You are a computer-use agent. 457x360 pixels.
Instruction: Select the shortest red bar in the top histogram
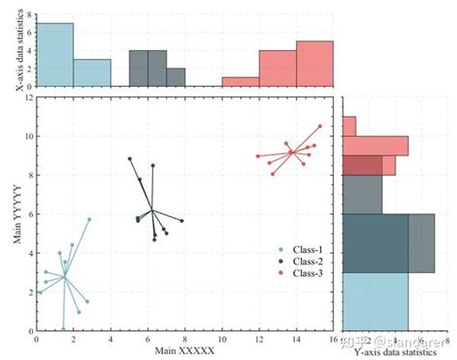click(241, 82)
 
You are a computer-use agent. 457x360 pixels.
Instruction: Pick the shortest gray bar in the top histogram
click(175, 77)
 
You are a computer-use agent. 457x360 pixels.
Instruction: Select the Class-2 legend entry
click(306, 262)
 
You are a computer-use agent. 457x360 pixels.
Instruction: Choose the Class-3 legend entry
click(306, 273)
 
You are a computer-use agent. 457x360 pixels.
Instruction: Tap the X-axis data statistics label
click(18, 53)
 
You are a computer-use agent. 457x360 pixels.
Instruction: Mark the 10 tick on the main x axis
click(223, 338)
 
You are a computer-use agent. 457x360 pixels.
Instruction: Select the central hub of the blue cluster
click(65, 277)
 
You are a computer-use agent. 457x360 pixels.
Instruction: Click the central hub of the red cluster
click(291, 152)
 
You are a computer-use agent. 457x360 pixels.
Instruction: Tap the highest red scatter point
click(320, 125)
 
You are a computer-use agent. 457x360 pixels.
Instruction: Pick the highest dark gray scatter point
click(129, 158)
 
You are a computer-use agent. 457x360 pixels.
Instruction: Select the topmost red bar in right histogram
click(349, 125)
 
